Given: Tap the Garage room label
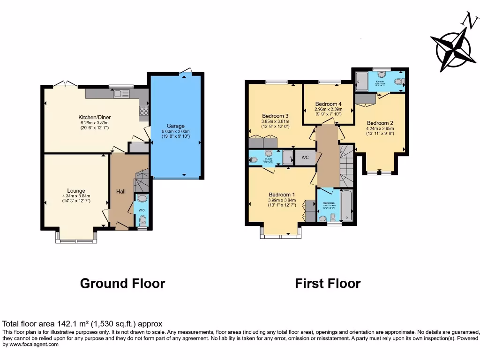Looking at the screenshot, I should tap(176, 126).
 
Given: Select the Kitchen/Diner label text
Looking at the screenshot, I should tap(94, 117).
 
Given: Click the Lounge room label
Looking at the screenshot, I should tap(76, 191).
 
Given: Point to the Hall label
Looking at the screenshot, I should tap(120, 191).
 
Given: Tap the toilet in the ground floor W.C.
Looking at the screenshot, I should tap(142, 221).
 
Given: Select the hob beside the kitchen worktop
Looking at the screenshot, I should tap(143, 112).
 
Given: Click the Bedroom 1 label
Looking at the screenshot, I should tap(282, 195).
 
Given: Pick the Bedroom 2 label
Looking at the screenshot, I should tap(380, 123).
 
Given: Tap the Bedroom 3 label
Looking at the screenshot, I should tap(275, 116).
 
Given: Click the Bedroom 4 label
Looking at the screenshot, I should tap(328, 104).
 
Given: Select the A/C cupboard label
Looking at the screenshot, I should tap(305, 157).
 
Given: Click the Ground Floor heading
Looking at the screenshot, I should tap(122, 284).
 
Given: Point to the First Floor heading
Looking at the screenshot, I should tap(328, 284).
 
